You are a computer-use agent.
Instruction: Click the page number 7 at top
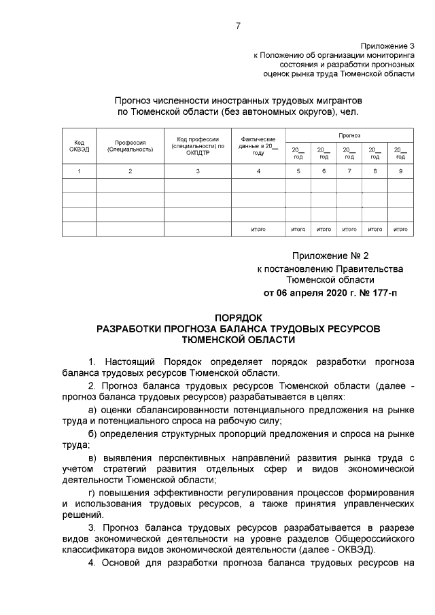click(238, 26)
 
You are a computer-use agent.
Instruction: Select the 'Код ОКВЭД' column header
click(79, 145)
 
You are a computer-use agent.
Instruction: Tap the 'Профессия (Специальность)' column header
click(130, 145)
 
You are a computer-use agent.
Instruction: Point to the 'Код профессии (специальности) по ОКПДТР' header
click(197, 145)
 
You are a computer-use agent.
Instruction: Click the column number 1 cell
click(79, 171)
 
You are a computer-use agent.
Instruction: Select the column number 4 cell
click(258, 171)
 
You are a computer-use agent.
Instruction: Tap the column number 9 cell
click(400, 171)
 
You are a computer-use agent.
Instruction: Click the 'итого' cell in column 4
click(258, 230)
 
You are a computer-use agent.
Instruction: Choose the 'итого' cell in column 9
click(400, 230)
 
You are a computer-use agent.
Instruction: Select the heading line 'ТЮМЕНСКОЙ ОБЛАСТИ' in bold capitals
click(238, 339)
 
